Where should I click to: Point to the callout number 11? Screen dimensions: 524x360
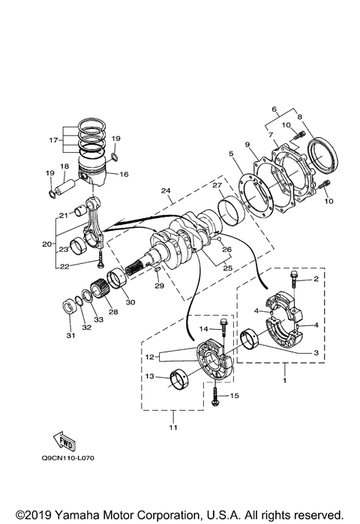(x=173, y=427)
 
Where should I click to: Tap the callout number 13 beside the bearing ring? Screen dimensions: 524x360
(x=149, y=376)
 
